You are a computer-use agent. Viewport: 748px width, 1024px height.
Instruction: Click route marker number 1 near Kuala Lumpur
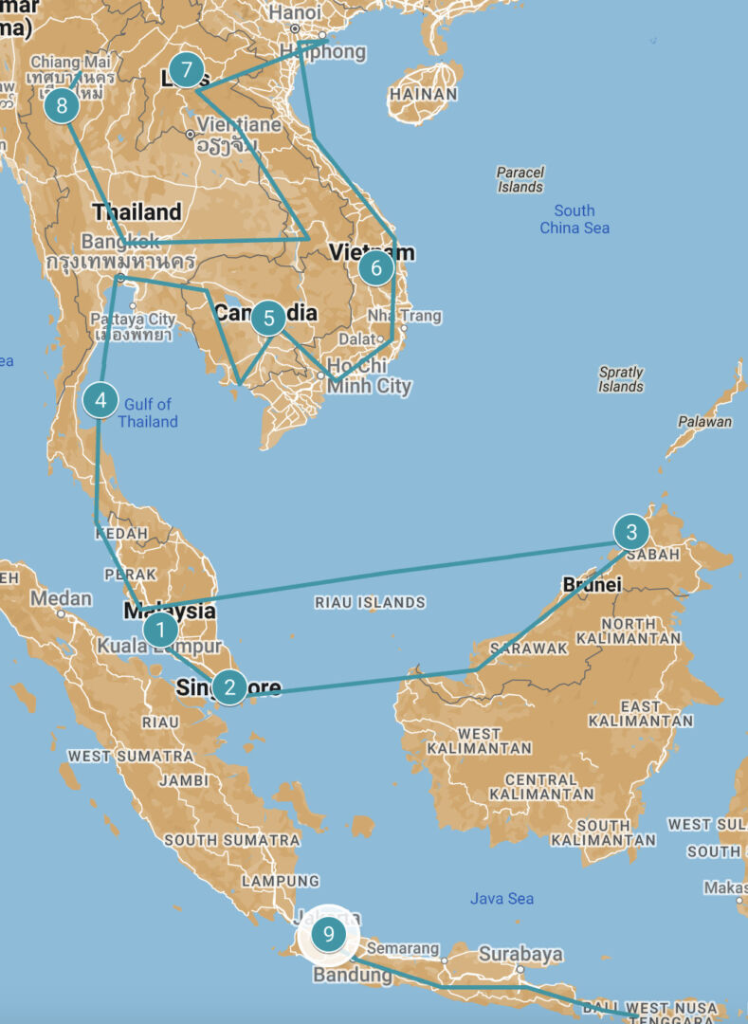click(160, 629)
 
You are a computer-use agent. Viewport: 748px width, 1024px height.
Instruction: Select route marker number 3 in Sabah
click(631, 532)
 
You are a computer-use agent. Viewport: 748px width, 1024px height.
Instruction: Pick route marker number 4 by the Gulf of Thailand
click(100, 400)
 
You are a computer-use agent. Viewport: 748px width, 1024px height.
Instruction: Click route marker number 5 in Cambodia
click(269, 319)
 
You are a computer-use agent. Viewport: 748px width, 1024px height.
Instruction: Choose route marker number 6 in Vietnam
click(376, 269)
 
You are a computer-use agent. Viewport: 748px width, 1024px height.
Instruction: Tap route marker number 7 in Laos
click(187, 70)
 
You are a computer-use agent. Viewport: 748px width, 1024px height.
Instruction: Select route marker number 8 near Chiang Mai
click(62, 105)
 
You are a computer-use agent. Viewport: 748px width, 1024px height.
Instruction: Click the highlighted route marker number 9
click(328, 935)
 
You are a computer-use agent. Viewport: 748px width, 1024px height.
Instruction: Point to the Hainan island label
click(423, 95)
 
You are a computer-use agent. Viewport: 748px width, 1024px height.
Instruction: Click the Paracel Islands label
click(520, 179)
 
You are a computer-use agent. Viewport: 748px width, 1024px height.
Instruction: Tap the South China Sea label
click(575, 219)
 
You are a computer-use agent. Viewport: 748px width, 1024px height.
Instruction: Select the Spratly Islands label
click(621, 379)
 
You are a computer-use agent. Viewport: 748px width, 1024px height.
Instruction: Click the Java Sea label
click(502, 898)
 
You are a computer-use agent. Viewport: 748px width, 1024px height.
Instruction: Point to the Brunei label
click(593, 585)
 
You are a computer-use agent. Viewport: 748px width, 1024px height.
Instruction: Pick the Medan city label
click(62, 598)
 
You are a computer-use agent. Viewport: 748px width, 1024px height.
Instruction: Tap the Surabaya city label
click(520, 954)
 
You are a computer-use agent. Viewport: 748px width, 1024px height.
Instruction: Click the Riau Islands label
click(370, 602)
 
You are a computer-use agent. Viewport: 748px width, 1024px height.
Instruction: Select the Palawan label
click(704, 422)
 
